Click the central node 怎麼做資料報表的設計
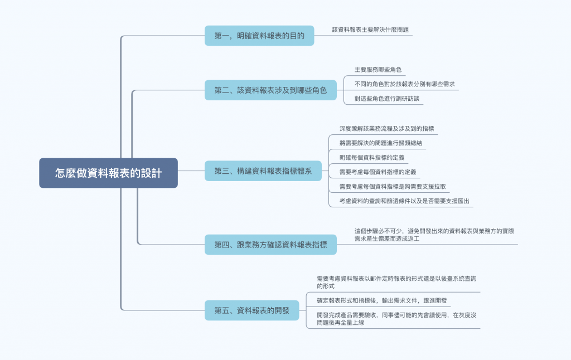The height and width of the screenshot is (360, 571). coord(108,173)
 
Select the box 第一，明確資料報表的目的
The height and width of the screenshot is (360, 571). coord(259,36)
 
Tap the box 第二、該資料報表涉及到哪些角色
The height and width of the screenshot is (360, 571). coord(270,90)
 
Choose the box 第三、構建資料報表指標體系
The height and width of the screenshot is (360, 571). coord(263,171)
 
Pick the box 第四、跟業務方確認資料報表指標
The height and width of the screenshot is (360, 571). coord(270,244)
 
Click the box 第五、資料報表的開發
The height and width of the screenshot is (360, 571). coord(252,310)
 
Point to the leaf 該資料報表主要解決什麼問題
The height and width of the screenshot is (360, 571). coord(371,29)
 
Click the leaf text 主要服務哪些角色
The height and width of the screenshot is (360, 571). coord(378,70)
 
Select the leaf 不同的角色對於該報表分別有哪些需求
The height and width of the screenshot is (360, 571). coord(405,84)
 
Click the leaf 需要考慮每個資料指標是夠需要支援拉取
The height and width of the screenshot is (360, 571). coord(393,186)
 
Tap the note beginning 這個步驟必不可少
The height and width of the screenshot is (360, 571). coord(434,234)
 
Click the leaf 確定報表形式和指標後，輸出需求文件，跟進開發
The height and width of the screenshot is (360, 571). coord(381,300)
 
